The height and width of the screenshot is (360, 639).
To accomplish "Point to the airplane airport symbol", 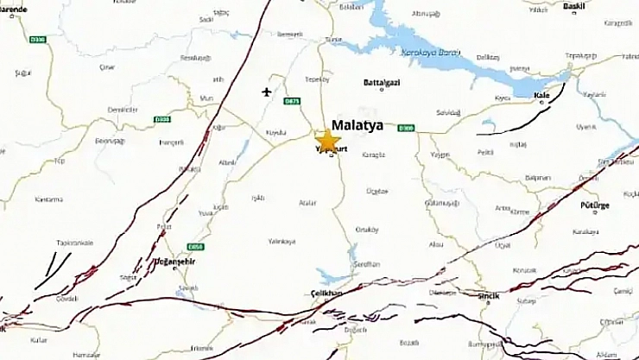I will (266, 91).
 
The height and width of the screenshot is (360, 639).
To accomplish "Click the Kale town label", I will (542, 96).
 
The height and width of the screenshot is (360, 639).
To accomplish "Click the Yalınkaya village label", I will (282, 242).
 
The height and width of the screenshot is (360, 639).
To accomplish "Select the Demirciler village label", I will (123, 110).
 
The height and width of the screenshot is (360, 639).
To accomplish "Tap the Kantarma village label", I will (48, 199).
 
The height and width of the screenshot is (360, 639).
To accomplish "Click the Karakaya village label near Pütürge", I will (585, 232).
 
